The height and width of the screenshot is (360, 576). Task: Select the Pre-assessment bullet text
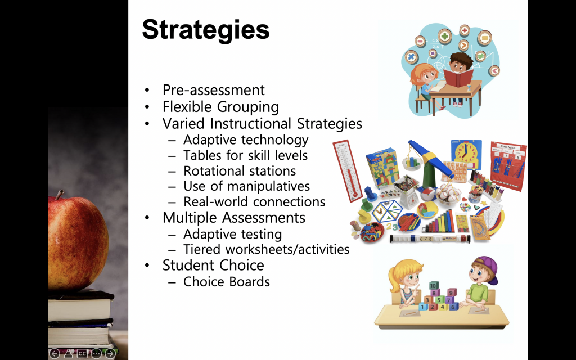click(x=213, y=90)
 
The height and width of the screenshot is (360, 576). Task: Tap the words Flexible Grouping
click(x=220, y=107)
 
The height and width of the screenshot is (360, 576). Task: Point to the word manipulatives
click(x=268, y=186)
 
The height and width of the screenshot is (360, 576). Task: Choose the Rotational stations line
click(x=240, y=171)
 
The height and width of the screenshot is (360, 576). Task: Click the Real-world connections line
click(x=254, y=202)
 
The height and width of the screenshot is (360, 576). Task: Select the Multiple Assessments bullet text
click(x=234, y=218)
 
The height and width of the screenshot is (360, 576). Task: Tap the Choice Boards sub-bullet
click(x=227, y=282)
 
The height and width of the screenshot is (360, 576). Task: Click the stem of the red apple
click(x=59, y=194)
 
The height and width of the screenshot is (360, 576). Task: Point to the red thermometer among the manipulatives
click(x=348, y=170)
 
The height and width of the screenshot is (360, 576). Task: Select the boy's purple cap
click(x=488, y=268)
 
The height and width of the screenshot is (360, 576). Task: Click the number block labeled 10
click(x=434, y=286)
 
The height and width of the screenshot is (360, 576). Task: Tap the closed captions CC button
click(x=82, y=354)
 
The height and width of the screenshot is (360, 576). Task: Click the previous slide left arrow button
click(x=55, y=354)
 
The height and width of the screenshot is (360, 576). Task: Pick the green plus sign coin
click(x=444, y=36)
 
